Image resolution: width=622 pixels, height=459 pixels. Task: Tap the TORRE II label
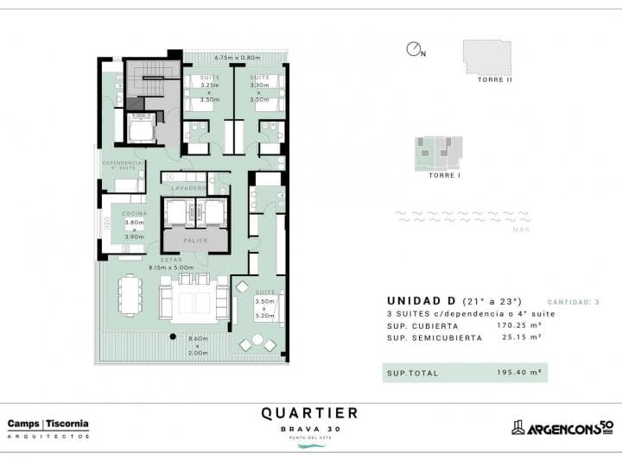click(495, 79)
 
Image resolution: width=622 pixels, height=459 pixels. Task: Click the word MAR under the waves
click(521, 229)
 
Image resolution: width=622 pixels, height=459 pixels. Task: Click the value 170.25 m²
click(517, 326)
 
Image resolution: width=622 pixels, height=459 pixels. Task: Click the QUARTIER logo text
click(309, 413)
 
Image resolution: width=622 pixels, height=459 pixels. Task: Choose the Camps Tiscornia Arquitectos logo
click(48, 427)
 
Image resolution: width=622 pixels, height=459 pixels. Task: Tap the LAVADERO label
click(187, 187)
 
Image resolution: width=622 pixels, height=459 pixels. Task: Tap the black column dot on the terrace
click(173, 336)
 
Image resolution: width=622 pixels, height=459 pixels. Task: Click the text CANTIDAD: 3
click(573, 301)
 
